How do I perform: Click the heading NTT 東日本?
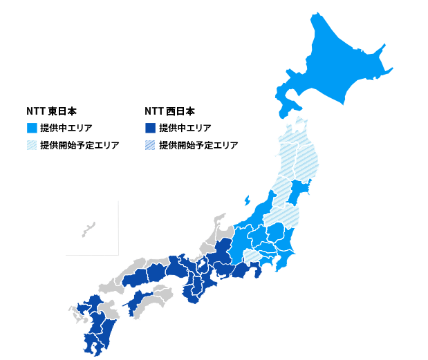point(51,111)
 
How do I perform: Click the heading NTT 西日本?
point(169,111)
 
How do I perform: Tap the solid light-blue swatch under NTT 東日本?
point(32,128)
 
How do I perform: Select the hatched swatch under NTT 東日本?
point(32,145)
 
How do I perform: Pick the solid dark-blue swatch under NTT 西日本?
point(150,128)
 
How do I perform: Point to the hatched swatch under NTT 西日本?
point(150,145)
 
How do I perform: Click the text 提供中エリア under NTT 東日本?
point(66,128)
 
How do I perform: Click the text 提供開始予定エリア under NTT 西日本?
point(198,145)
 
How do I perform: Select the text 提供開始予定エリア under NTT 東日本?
point(80,145)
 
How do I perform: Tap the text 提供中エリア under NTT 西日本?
point(185,128)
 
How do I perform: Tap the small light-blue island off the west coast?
point(247,201)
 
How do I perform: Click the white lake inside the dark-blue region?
point(202,265)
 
